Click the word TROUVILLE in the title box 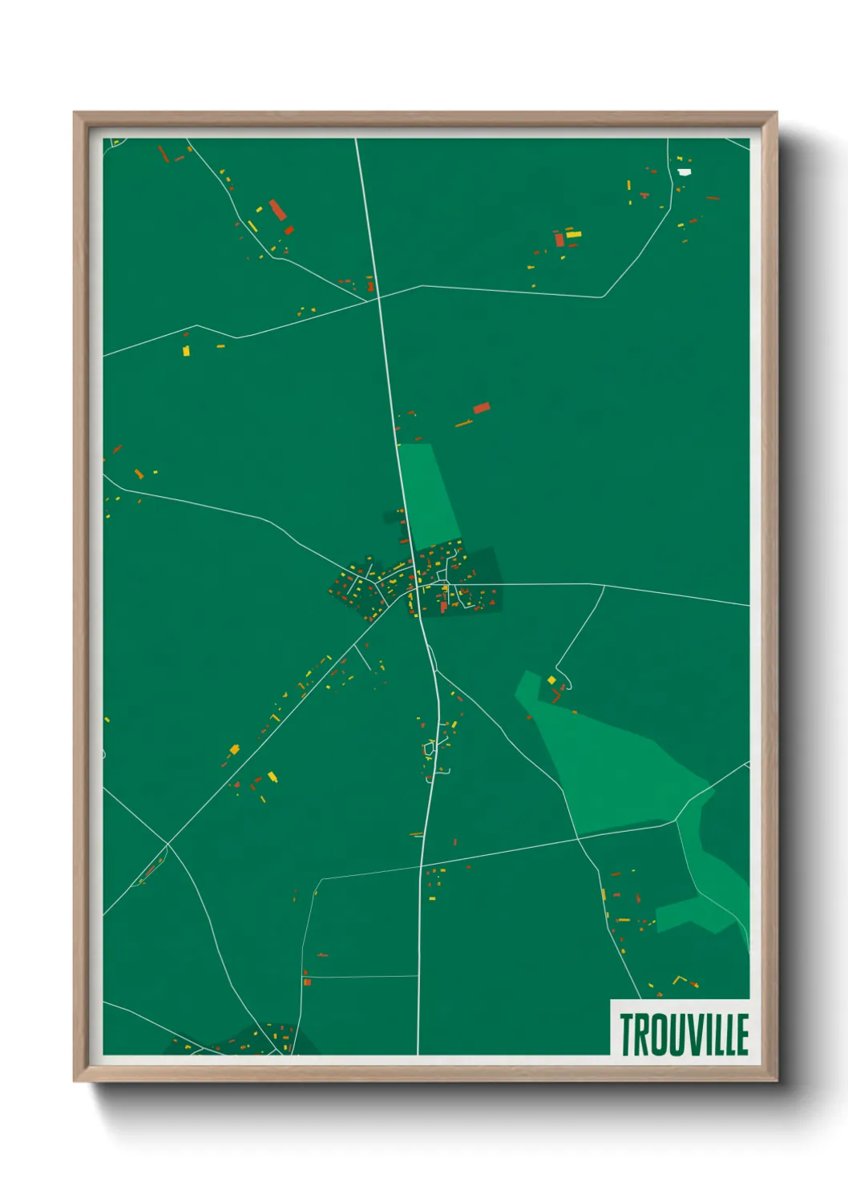pos(684,1035)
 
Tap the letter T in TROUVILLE pos(627,1035)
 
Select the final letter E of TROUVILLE pos(742,1035)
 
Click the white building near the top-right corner pos(684,171)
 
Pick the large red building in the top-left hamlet pos(277,210)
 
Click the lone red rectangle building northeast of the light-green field pos(481,408)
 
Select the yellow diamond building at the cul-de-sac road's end pos(551,680)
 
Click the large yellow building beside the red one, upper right pos(573,235)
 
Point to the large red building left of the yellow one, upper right pos(559,239)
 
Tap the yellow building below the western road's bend pos(186,350)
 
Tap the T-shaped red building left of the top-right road pos(644,195)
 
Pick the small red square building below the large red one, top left pos(289,231)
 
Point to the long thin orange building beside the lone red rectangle pos(463,423)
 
